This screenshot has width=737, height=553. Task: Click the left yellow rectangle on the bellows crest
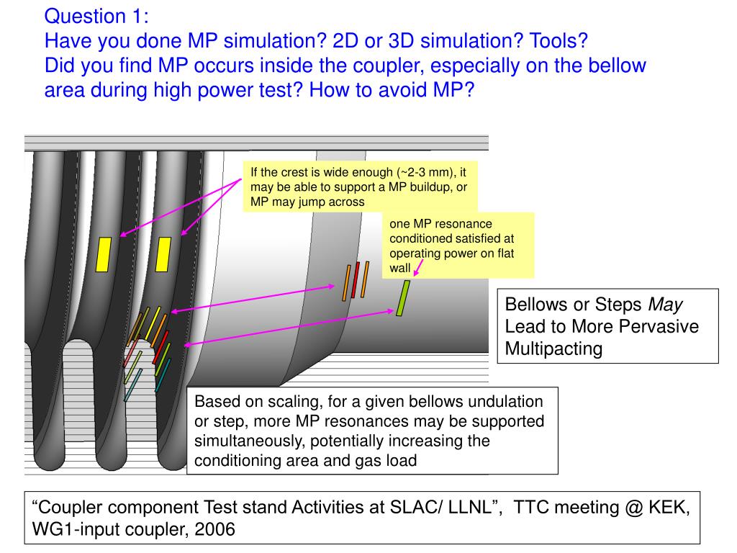tap(104, 253)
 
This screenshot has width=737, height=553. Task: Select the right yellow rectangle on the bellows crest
tap(163, 253)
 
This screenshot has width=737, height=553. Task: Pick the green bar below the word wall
tap(404, 298)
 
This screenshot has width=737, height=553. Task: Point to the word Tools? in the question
tap(559, 41)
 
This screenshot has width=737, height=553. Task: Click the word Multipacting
tap(553, 349)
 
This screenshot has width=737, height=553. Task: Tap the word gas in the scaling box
tap(367, 460)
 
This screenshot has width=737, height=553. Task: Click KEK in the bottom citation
tap(669, 507)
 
